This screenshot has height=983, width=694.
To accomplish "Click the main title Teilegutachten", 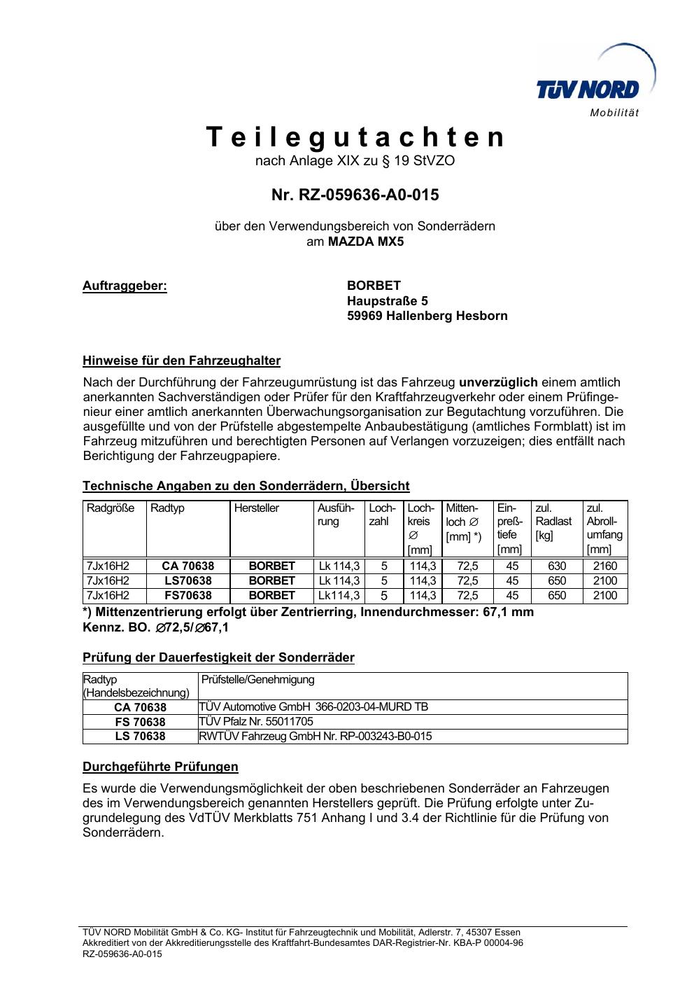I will tap(355, 137).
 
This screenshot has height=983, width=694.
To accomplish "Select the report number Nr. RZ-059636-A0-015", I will tap(355, 195).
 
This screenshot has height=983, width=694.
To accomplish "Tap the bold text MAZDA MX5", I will tap(366, 242).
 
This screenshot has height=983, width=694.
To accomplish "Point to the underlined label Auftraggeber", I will tap(125, 286).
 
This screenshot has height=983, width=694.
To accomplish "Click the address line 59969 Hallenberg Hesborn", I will tap(427, 316).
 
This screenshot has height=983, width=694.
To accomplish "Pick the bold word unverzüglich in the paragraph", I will tap(498, 382).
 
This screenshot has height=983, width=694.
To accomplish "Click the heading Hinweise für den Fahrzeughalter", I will tap(181, 361).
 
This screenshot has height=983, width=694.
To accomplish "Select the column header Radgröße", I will tap(111, 508).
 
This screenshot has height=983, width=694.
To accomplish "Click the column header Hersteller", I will tap(256, 508).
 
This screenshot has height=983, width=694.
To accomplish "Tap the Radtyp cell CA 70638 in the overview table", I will tap(187, 566).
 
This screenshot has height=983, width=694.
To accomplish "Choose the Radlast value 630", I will tap(557, 566).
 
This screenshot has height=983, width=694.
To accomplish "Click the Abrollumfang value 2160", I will tap(605, 566).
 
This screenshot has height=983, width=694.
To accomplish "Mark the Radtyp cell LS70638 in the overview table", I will tap(187, 580).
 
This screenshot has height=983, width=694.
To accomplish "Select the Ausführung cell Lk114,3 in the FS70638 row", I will tap(339, 595).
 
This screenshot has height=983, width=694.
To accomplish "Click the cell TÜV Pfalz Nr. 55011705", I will tap(256, 721).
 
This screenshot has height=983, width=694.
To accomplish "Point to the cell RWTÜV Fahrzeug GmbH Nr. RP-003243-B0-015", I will tap(315, 736).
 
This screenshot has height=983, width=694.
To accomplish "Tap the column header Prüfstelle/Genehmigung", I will tap(257, 679).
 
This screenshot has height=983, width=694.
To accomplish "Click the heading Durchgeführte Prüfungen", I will tap(160, 767).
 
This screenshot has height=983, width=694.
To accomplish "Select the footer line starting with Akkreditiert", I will tap(303, 942).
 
